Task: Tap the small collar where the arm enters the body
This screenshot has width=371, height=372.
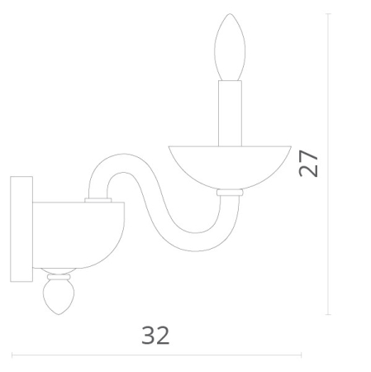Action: (98, 199)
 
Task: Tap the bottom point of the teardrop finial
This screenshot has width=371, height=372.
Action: (58, 315)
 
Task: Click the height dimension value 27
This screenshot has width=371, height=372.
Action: (309, 163)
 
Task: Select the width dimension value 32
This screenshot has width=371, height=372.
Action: (155, 335)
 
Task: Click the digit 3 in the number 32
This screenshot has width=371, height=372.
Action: (148, 335)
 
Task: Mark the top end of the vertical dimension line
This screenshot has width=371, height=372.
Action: (329, 14)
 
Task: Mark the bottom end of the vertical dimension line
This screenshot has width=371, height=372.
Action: (329, 315)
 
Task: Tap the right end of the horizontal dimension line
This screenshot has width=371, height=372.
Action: (301, 355)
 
